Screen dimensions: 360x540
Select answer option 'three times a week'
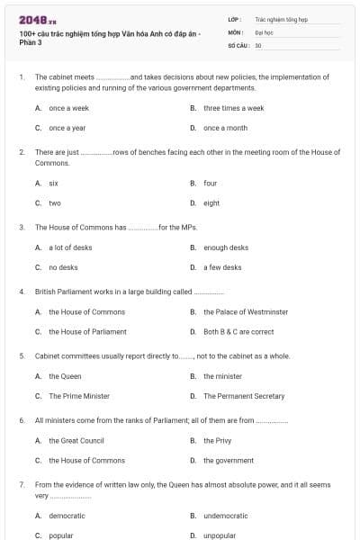click(x=233, y=108)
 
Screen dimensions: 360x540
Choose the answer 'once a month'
click(x=225, y=128)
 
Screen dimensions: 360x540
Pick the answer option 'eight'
click(x=211, y=202)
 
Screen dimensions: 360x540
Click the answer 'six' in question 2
click(x=53, y=183)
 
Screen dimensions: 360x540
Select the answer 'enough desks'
click(x=226, y=247)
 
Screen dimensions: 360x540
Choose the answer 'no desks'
click(x=63, y=267)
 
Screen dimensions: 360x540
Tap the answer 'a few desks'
click(x=222, y=267)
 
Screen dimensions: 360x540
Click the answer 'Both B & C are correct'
click(x=238, y=331)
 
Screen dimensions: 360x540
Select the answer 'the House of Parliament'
click(x=87, y=331)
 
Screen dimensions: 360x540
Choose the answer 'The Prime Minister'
click(x=79, y=396)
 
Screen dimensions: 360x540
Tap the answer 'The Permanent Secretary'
click(x=244, y=396)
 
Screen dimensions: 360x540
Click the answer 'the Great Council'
click(x=76, y=440)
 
